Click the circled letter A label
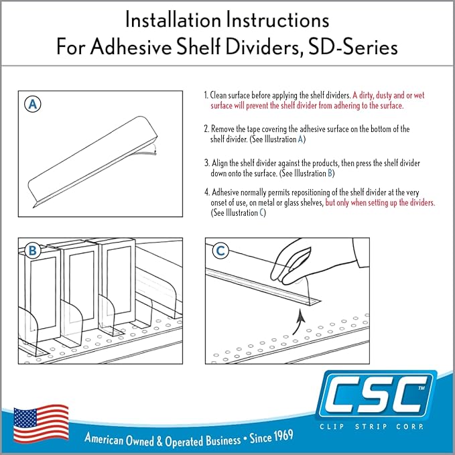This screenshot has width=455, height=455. click(x=33, y=104)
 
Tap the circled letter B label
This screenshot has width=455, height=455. click(x=33, y=251)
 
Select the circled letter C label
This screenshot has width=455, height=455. click(x=220, y=251)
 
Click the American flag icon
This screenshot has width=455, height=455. click(x=41, y=424)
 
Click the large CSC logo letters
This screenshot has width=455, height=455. click(x=375, y=395)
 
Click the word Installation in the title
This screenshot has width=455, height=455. click(x=173, y=20)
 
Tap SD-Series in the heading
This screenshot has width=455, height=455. click(x=352, y=47)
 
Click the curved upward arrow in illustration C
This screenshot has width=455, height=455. click(x=299, y=322)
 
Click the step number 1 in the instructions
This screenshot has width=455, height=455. click(x=206, y=95)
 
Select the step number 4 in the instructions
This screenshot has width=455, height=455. click(x=207, y=192)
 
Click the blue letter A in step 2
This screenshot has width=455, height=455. click(x=300, y=139)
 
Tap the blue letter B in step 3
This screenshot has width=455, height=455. click(x=330, y=174)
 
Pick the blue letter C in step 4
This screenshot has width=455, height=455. click(x=262, y=212)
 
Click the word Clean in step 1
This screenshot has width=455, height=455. click(x=218, y=95)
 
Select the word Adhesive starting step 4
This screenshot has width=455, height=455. click(x=225, y=192)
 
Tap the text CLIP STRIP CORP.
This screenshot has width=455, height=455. click(x=371, y=427)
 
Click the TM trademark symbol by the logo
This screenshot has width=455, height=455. click(x=421, y=388)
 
